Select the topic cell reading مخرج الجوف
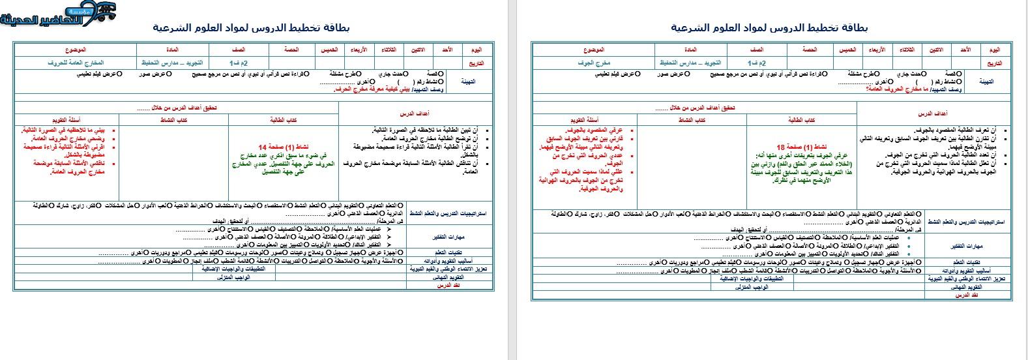click(x=593, y=63)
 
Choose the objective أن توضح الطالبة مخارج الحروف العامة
click(x=424, y=139)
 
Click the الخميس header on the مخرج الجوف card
click(x=847, y=50)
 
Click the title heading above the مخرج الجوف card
click(x=769, y=28)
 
